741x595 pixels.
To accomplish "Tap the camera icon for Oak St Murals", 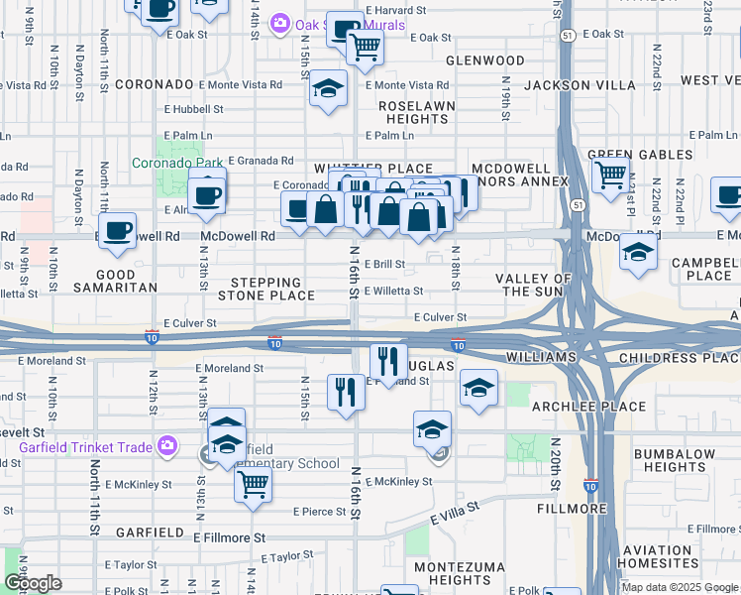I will (280, 23).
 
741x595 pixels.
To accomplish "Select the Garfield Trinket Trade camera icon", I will (167, 447).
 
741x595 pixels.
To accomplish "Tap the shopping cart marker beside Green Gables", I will (610, 175).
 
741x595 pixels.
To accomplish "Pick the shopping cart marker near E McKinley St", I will (254, 484).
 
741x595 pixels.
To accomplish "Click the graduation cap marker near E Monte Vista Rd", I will (328, 89).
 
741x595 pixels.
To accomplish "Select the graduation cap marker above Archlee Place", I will (478, 388).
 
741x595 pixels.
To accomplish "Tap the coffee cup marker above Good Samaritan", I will (117, 231).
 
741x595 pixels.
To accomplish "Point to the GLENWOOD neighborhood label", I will (484, 60).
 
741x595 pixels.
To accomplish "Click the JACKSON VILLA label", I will (580, 85).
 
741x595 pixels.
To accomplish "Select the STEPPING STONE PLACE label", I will (266, 290).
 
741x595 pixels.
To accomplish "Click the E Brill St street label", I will (384, 265).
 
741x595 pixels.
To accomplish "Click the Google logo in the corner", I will (33, 583).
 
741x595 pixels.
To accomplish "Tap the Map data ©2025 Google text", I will (680, 587).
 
